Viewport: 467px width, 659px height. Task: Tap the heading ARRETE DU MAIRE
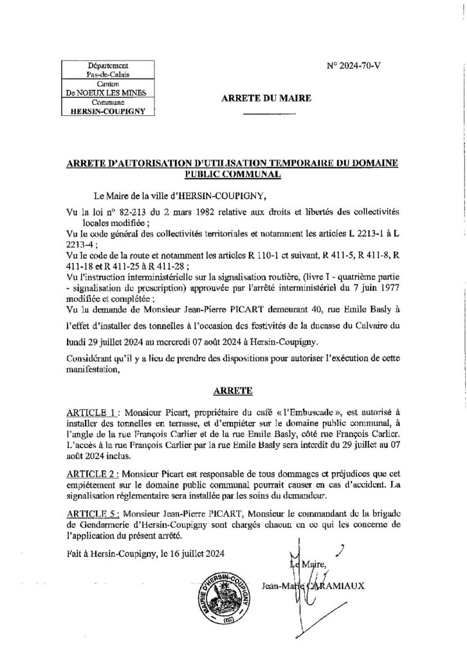[266, 98]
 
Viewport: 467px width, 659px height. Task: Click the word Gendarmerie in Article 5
[103, 526]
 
